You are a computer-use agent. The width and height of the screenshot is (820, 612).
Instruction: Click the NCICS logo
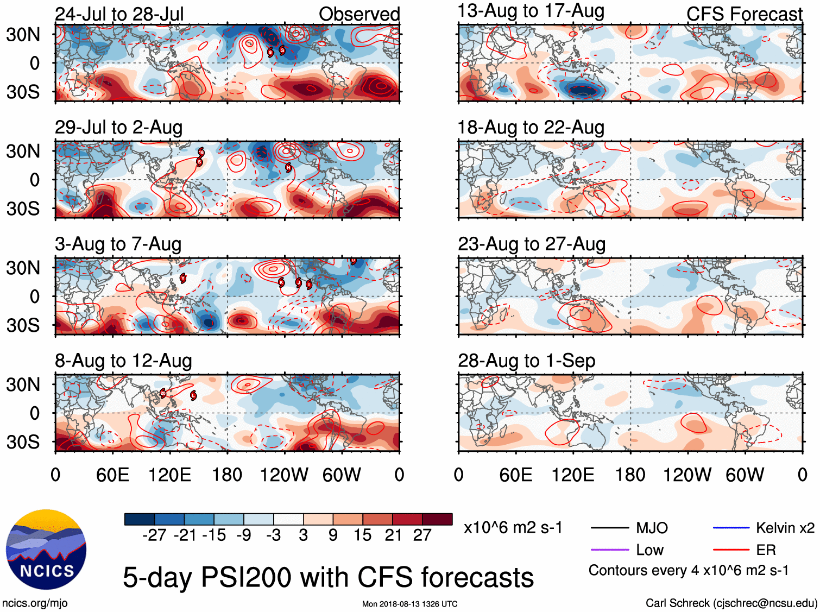click(46, 550)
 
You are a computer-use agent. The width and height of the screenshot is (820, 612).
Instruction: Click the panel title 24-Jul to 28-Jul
click(119, 14)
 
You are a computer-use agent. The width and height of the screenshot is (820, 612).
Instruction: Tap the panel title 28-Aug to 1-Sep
click(526, 361)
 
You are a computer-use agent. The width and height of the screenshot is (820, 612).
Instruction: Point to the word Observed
click(359, 14)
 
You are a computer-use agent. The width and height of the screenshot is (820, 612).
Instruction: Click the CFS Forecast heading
click(744, 14)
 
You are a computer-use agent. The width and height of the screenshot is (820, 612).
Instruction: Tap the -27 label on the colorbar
click(154, 535)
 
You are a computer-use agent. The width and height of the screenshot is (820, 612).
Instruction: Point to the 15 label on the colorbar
click(363, 535)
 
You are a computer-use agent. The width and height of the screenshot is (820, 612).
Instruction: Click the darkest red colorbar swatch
click(437, 519)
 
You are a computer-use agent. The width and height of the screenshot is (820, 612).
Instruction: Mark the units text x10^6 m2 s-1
click(513, 528)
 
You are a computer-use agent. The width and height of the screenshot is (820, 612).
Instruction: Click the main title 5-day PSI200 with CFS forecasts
click(328, 577)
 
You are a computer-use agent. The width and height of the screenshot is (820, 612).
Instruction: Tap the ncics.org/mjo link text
click(35, 603)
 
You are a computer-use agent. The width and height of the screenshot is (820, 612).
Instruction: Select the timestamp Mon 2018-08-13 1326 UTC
click(409, 604)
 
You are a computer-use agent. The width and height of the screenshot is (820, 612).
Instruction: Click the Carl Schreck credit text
click(731, 603)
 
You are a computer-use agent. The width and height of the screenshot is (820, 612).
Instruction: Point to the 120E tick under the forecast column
click(573, 475)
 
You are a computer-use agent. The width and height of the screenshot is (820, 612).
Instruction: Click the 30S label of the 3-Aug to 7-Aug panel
click(23, 325)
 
